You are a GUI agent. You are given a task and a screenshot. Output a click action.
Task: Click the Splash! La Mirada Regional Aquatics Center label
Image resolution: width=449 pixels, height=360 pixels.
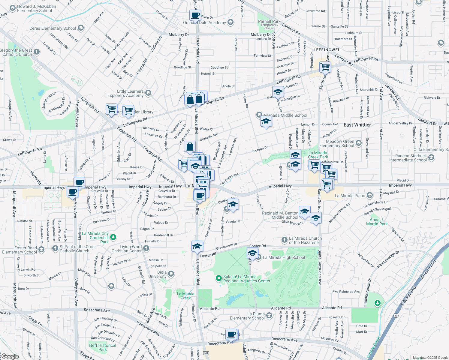pos(247,279)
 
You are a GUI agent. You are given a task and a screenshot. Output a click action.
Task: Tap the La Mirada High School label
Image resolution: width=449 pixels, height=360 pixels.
pos(284,257)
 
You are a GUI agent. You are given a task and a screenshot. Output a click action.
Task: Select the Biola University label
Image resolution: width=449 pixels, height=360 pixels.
pos(157,274)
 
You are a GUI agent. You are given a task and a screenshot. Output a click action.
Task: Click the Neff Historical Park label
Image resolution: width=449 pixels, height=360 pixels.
pos(102,347)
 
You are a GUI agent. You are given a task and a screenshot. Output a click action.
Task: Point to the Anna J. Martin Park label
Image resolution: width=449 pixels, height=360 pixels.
pos(377,222)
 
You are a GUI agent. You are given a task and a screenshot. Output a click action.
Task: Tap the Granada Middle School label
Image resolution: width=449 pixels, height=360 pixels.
pos(285,115)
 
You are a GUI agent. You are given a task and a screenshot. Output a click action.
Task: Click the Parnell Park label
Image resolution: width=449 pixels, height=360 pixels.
pos(269,22)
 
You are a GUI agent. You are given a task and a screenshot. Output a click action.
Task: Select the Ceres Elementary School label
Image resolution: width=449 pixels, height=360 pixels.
pos(53,28)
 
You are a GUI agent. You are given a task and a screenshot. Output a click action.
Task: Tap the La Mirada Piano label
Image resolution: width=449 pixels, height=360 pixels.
pos(350,196)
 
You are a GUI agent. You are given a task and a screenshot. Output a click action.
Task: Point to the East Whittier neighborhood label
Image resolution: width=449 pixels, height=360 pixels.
pos(357,125)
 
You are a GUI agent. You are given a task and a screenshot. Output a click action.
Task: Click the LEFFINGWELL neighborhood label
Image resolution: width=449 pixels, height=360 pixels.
pos(328,50)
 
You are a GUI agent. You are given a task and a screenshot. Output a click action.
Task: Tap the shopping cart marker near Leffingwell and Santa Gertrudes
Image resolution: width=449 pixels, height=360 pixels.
pos(325,67)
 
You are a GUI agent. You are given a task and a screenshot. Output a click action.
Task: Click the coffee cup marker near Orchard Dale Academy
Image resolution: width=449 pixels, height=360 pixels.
pos(195,15)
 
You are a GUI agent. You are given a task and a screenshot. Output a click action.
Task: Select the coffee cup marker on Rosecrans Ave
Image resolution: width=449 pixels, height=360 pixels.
pos(231,334)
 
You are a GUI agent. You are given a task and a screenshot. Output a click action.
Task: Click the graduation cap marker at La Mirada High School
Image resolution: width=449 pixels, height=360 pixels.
pos(252,253)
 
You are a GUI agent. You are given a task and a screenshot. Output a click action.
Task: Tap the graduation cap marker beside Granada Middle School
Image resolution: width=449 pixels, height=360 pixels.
pos(266,122)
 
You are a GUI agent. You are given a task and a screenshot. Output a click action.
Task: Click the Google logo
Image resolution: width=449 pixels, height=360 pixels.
pos(10,356)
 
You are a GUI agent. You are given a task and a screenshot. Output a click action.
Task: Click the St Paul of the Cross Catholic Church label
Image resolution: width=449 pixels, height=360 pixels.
pos(78,249)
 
